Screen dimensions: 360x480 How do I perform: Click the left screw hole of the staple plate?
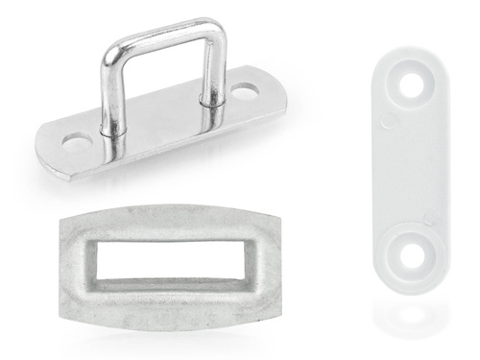click(x=74, y=142)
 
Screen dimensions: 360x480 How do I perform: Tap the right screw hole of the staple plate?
click(x=247, y=93)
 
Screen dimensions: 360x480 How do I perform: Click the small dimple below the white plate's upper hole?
click(x=387, y=121)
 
